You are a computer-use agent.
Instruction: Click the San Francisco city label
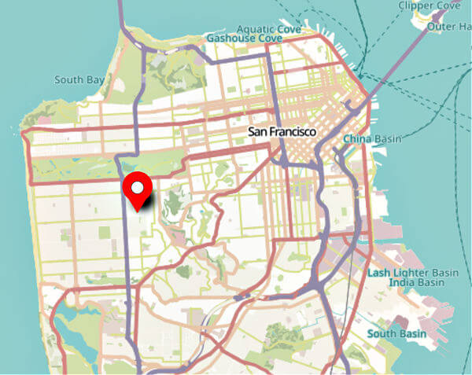282,132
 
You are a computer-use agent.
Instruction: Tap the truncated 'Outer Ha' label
448,26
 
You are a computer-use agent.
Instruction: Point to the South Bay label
79,79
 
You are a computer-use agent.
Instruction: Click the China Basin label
371,139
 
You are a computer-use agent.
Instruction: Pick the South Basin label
396,334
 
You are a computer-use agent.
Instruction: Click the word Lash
379,272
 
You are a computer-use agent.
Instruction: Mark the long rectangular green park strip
75,167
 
